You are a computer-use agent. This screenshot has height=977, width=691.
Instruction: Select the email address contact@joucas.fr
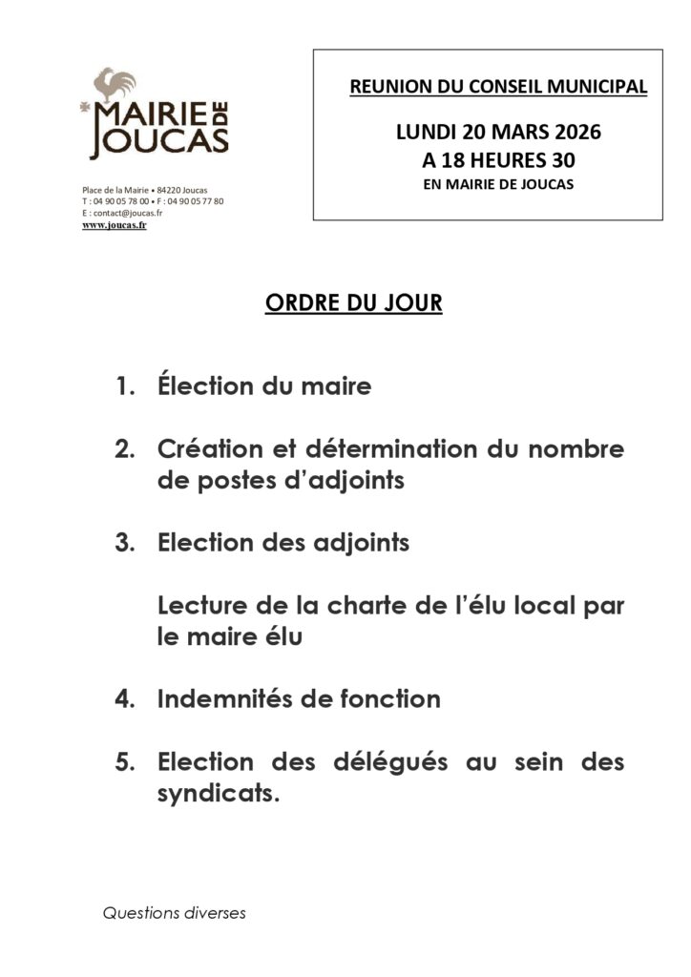pyautogui.click(x=127, y=214)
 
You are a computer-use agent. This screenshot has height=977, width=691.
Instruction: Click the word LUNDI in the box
pyautogui.click(x=426, y=132)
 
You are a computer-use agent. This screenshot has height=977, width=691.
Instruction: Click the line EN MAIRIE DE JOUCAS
pyautogui.click(x=498, y=184)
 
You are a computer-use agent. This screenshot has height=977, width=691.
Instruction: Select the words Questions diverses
pyautogui.click(x=175, y=913)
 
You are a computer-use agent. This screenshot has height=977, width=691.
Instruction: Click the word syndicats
pyautogui.click(x=217, y=794)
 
